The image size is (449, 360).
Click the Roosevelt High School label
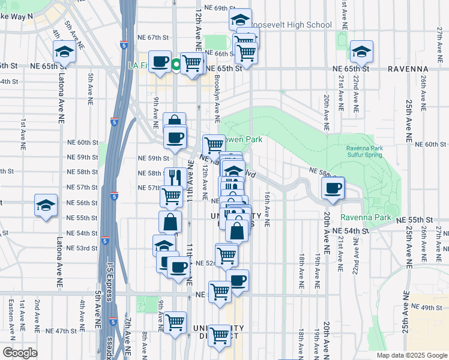(x=294, y=25)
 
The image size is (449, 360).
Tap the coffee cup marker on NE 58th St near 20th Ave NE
(x=333, y=188)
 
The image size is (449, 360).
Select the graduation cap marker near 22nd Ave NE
(x=362, y=52)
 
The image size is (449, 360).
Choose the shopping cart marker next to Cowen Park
(x=214, y=145)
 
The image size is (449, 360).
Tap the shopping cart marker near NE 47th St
(x=175, y=322)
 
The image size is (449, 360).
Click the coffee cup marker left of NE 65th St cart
(x=160, y=61)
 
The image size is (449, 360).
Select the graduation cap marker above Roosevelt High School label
(x=240, y=19)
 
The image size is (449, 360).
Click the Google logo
(x=20, y=353)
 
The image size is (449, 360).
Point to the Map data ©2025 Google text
(x=411, y=355)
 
